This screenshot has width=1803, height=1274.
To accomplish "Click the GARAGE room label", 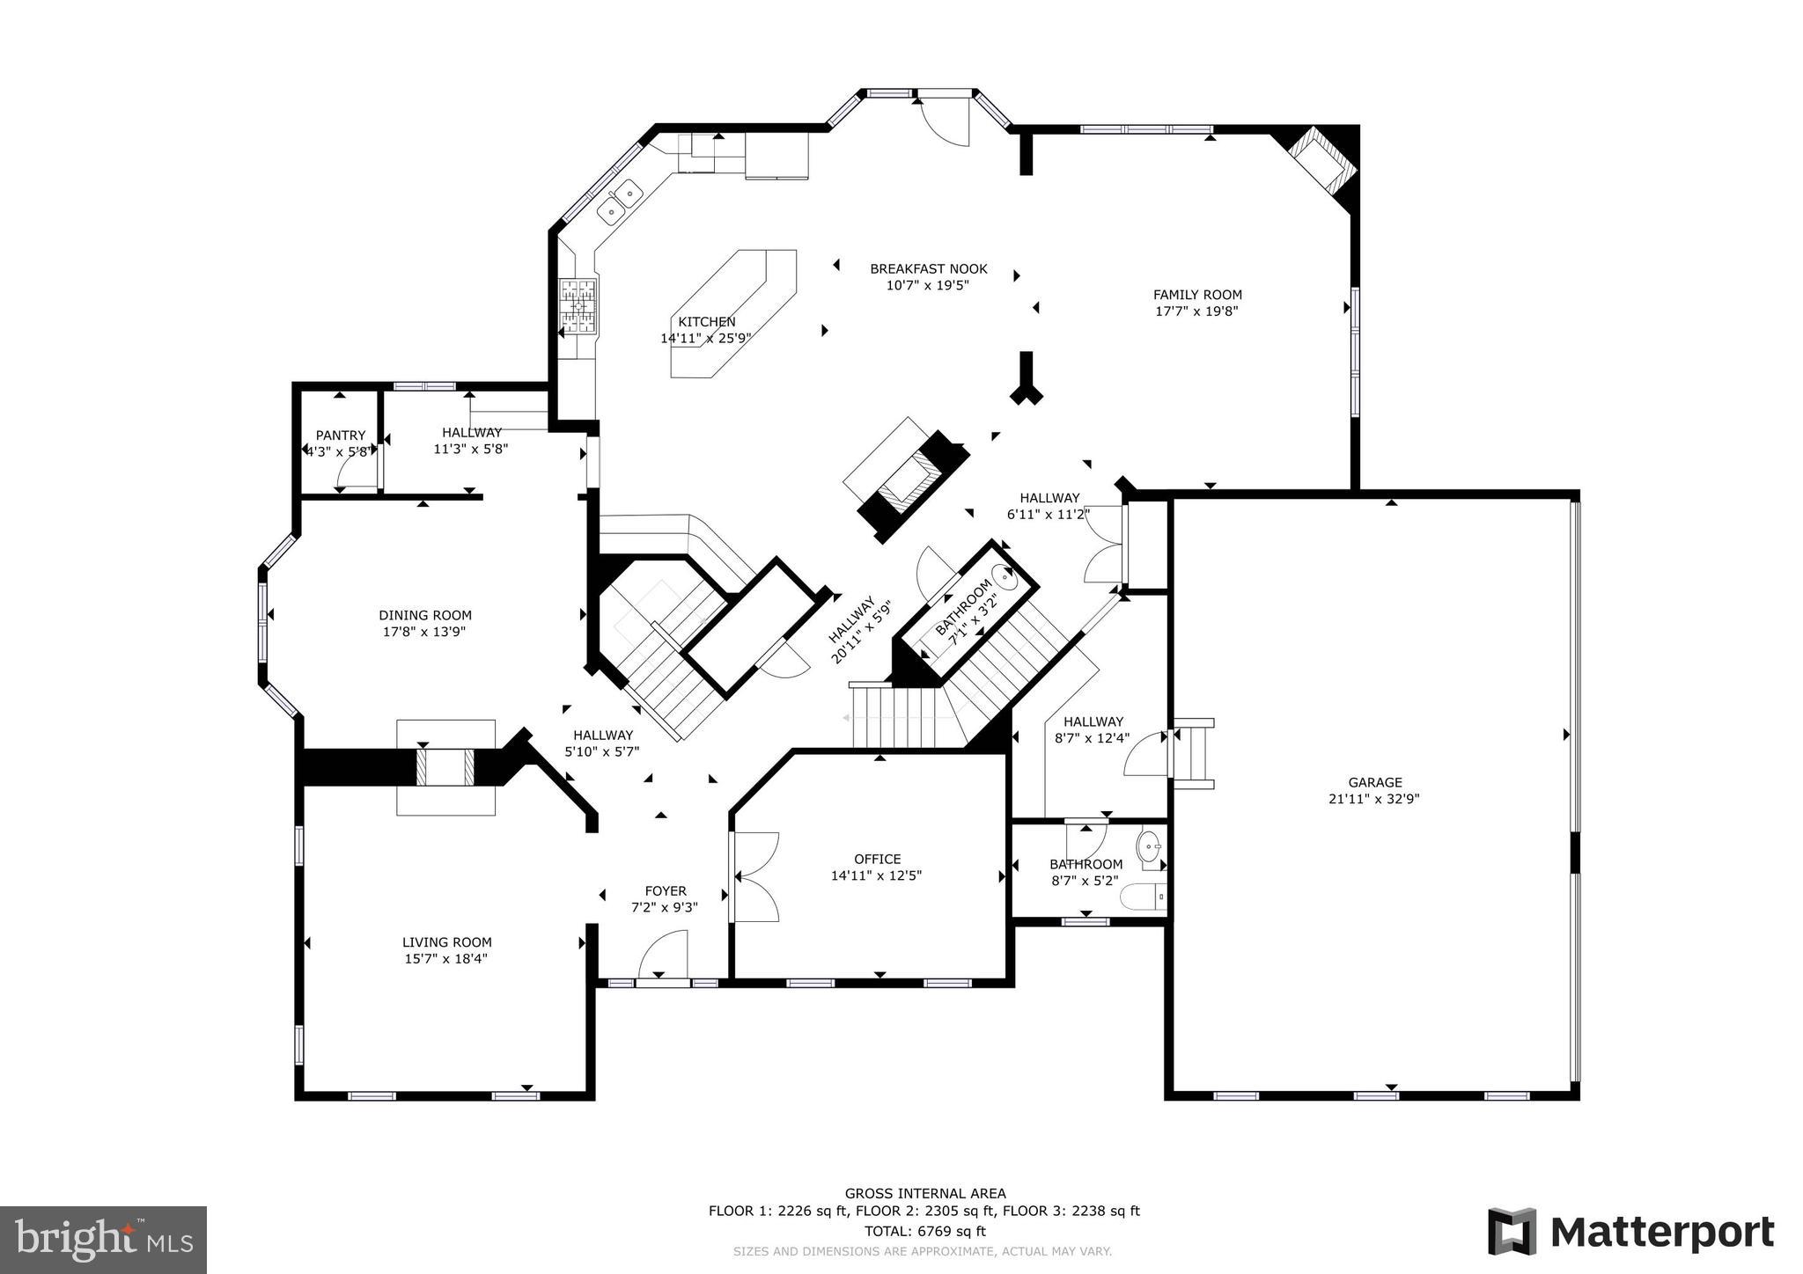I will click(x=1374, y=782).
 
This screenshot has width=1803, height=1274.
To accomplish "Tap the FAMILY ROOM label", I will click(x=1197, y=295).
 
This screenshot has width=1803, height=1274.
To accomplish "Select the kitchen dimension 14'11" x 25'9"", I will click(x=705, y=338).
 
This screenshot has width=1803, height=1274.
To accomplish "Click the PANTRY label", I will click(x=340, y=435).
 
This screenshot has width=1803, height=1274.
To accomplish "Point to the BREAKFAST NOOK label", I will click(x=928, y=268).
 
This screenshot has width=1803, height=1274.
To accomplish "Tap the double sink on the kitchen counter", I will click(x=620, y=201).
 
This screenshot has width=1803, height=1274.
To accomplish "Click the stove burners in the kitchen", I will click(x=579, y=305).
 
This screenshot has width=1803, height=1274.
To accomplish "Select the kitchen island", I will click(x=732, y=312).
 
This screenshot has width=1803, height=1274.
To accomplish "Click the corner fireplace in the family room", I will click(x=1318, y=164).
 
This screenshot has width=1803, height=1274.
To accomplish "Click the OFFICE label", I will click(x=877, y=859).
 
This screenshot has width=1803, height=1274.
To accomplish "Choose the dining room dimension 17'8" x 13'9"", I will click(x=424, y=632).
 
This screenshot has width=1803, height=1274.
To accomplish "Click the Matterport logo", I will click(x=1630, y=1232).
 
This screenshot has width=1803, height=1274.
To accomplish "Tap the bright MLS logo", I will click(x=104, y=1240).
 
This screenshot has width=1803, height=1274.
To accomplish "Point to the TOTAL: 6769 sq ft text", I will click(x=924, y=1231).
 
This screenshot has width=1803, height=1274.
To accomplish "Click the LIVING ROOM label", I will click(x=446, y=941).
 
